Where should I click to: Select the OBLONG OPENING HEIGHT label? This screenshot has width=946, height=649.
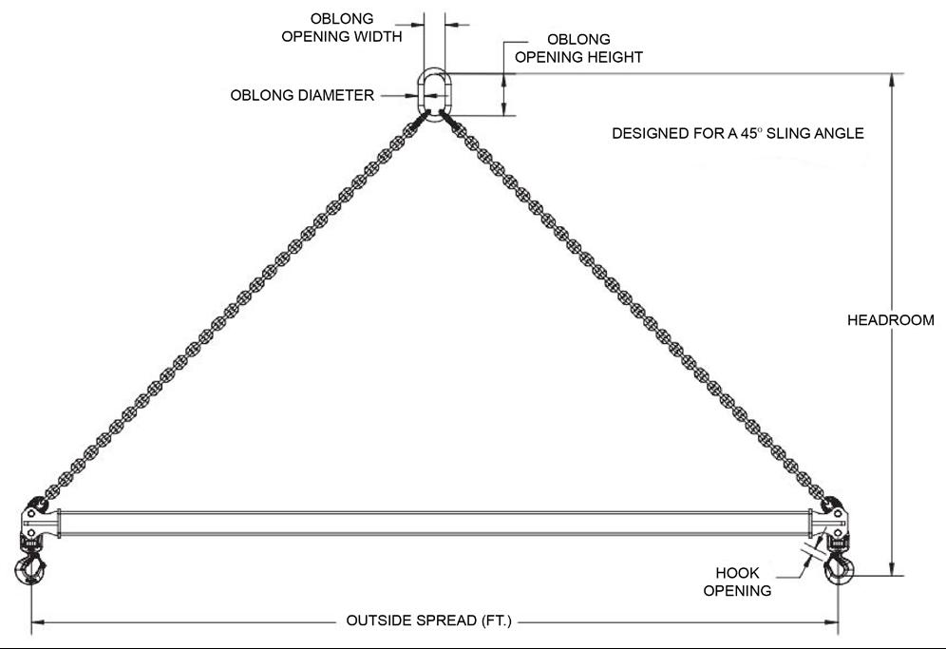pyautogui.click(x=578, y=48)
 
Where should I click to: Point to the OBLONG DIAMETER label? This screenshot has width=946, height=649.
pyautogui.click(x=302, y=95)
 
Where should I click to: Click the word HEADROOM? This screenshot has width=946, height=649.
pyautogui.click(x=890, y=320)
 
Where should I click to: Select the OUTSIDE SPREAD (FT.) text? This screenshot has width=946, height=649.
pyautogui.click(x=428, y=621)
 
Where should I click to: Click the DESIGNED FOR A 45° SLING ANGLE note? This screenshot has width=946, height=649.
pyautogui.click(x=738, y=134)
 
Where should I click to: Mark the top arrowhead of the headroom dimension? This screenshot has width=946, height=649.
pyautogui.click(x=892, y=80)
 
